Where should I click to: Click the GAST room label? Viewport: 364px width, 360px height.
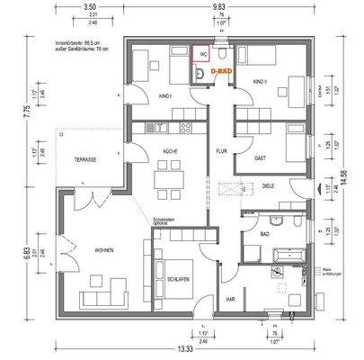coord(260,157)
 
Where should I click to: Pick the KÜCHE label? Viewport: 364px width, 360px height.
coord(170,151)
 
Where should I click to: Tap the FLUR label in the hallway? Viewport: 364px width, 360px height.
coord(220,150)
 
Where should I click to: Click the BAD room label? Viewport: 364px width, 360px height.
coord(265,233)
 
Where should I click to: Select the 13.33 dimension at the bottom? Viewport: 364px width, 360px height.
coord(183,348)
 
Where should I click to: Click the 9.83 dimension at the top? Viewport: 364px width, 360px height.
coord(218,7)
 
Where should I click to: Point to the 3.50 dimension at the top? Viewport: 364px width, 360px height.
coord(89,7)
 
